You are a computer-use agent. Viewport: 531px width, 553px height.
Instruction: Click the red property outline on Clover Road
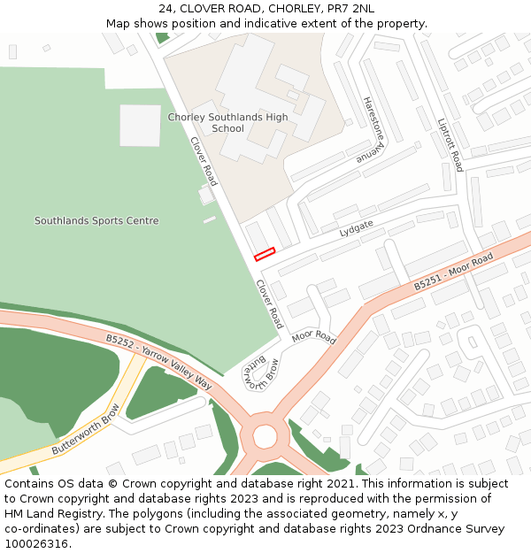[265, 254]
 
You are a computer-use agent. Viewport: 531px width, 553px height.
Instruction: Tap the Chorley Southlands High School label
[227, 123]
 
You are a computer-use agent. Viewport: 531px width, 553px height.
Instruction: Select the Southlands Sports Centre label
[96, 220]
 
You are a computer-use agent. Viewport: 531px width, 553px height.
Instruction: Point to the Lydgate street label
[356, 229]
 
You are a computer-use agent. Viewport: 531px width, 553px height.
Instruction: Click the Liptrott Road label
[450, 146]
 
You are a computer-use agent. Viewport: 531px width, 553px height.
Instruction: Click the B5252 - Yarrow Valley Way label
[159, 362]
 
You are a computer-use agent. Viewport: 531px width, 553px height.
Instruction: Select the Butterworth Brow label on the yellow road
[85, 430]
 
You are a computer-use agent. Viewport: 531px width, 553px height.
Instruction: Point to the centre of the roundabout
[265, 436]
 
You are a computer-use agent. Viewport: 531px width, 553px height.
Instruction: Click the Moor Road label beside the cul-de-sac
[314, 337]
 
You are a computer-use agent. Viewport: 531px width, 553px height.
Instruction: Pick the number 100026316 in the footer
[39, 544]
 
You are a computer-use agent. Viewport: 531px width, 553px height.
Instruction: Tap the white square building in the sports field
[140, 126]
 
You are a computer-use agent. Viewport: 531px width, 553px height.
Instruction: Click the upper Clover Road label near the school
[204, 161]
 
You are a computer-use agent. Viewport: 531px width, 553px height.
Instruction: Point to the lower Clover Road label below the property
[269, 303]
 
